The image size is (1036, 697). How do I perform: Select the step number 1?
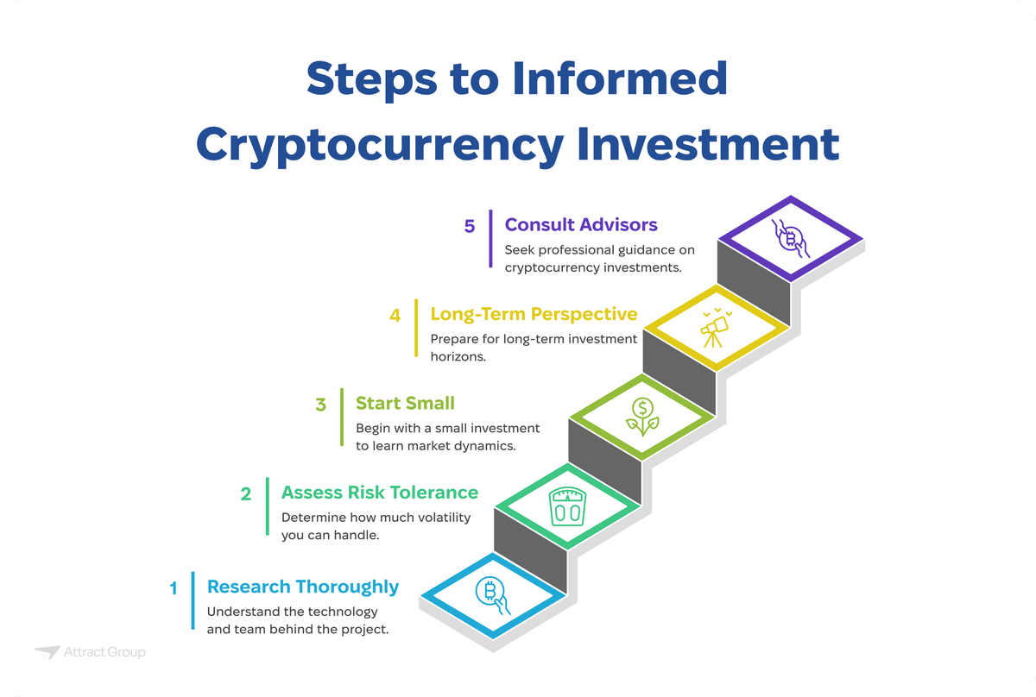174,589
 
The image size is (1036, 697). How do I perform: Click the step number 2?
246,494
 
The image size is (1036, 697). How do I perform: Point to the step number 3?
320,404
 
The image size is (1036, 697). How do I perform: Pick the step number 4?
395,315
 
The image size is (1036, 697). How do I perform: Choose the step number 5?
470,226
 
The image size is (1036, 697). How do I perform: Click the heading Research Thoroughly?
303,587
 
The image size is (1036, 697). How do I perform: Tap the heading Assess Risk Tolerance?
380,493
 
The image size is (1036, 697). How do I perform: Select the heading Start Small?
405,403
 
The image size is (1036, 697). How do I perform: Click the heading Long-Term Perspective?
534,314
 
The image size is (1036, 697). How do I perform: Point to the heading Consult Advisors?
581,225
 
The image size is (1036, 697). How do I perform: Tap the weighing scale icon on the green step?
567,507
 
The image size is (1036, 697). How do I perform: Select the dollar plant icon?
641,417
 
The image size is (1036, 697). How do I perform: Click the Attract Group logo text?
104,652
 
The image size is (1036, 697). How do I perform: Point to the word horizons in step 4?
458,355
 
